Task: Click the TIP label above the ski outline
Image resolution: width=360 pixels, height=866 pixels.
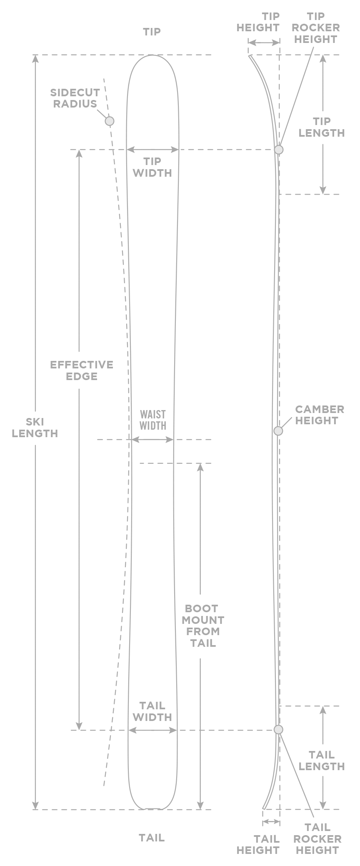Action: pyautogui.click(x=152, y=32)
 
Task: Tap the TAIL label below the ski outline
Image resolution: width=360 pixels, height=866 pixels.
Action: pyautogui.click(x=152, y=838)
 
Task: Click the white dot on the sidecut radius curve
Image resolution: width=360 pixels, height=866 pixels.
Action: pyautogui.click(x=109, y=121)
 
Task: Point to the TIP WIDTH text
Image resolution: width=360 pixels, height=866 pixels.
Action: pyautogui.click(x=152, y=167)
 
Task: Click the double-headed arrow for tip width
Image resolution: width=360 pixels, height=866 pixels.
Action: pyautogui.click(x=152, y=149)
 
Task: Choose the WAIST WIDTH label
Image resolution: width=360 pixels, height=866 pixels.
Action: pyautogui.click(x=152, y=420)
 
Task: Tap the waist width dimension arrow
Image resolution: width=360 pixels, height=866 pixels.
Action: pyautogui.click(x=152, y=439)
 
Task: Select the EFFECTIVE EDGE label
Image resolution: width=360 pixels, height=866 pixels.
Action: pyautogui.click(x=82, y=370)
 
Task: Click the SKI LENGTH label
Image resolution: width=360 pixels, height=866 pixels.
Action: pyautogui.click(x=35, y=428)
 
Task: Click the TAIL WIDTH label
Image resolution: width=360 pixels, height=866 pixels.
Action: pyautogui.click(x=152, y=711)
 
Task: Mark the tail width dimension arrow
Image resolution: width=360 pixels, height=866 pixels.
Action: pyautogui.click(x=152, y=730)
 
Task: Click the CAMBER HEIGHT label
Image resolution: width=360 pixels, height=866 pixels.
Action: pyautogui.click(x=319, y=415)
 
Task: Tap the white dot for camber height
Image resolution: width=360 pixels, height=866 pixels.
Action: pyautogui.click(x=278, y=431)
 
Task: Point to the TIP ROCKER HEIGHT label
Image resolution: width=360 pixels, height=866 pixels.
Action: pyautogui.click(x=315, y=28)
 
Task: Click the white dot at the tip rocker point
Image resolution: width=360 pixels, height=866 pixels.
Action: pyautogui.click(x=279, y=149)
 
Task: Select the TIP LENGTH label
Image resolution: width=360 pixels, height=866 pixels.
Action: pyautogui.click(x=322, y=127)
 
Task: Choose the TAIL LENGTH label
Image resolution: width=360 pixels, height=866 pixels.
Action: pyautogui.click(x=322, y=761)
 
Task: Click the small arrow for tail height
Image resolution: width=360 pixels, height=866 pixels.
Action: pyautogui.click(x=271, y=821)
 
